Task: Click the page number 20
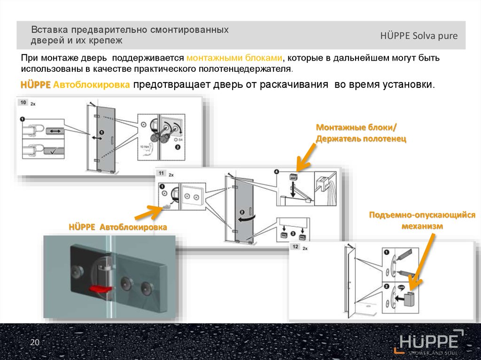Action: (x=34, y=343)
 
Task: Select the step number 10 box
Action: (x=22, y=102)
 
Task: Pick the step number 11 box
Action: (x=161, y=173)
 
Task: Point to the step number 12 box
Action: (x=296, y=246)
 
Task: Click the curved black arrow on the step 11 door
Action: (x=248, y=219)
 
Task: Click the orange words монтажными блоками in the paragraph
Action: (x=234, y=58)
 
